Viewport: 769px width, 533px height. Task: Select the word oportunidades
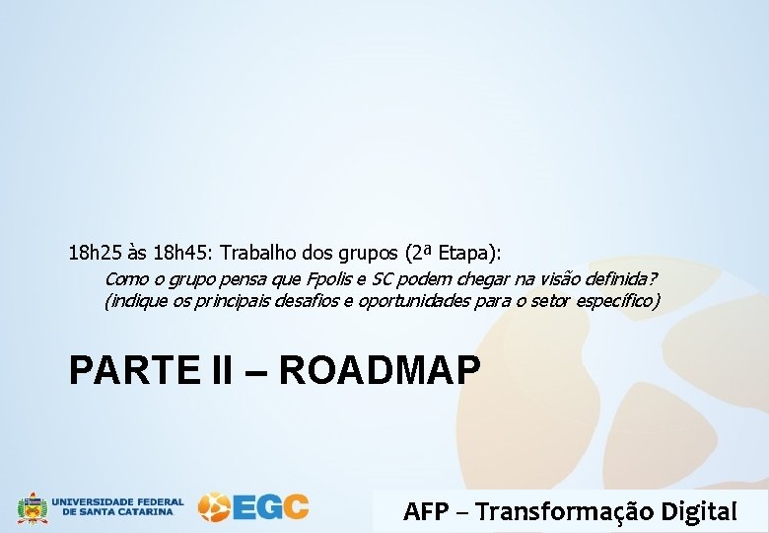[378, 300]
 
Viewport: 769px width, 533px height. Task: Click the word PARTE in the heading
[126, 370]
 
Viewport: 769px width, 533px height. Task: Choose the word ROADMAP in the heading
[380, 370]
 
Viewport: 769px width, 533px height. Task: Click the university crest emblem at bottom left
[32, 507]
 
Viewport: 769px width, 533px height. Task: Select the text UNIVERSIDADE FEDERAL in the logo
[117, 501]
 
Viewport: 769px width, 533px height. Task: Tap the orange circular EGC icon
[214, 507]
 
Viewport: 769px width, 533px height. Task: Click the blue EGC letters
[271, 507]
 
